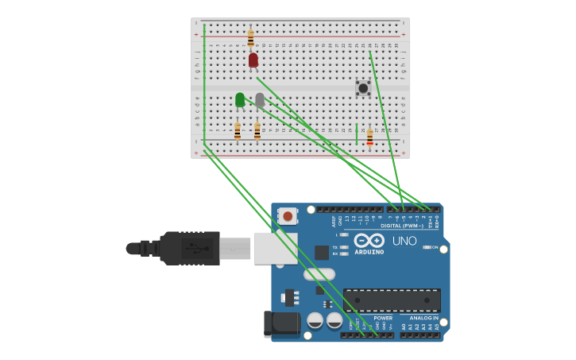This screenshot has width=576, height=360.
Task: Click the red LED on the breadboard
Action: (253, 60)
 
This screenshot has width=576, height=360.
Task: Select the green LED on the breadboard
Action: (240, 99)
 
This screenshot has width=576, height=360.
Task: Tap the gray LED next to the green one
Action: (260, 99)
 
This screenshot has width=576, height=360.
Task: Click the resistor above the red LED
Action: (250, 38)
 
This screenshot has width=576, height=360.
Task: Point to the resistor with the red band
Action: (369, 137)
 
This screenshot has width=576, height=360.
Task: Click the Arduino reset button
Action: (288, 215)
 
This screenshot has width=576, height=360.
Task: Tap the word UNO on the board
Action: (404, 241)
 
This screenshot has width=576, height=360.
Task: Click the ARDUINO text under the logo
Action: (369, 252)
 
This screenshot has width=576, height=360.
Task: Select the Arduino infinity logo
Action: (369, 241)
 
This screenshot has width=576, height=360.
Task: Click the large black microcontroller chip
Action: (392, 300)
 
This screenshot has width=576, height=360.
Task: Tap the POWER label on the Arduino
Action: (383, 318)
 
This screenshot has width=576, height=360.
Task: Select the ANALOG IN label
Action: (423, 318)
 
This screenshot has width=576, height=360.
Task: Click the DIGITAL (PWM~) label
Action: (402, 226)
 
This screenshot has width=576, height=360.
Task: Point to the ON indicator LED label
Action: (435, 247)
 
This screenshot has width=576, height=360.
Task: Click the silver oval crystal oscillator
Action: (319, 274)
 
